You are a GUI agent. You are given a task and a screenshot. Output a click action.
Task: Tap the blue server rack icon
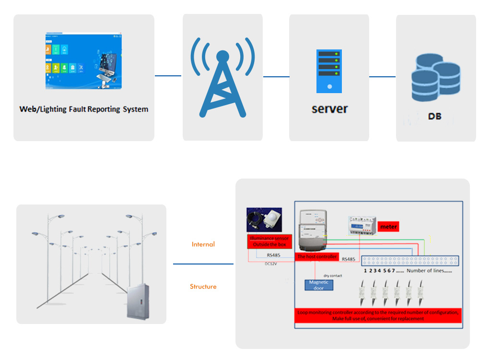point(329,71)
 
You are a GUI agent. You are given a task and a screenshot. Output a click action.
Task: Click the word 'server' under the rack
point(329,108)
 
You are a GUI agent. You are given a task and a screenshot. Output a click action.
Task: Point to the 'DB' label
point(434,117)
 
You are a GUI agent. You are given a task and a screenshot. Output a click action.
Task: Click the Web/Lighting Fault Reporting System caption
point(84,109)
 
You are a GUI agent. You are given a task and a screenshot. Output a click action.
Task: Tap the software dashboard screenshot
point(84,61)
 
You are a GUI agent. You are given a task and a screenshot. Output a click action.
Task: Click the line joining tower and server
point(276,76)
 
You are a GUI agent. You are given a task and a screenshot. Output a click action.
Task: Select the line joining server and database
point(382,76)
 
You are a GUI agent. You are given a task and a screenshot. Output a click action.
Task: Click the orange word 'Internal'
point(203,244)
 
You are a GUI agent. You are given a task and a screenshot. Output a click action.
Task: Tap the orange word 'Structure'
point(203,287)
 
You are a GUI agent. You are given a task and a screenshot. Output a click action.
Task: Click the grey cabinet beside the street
point(137,301)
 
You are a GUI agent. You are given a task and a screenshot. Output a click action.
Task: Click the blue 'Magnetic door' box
point(318,285)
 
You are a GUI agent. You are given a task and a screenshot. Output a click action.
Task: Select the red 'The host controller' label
point(317,257)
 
